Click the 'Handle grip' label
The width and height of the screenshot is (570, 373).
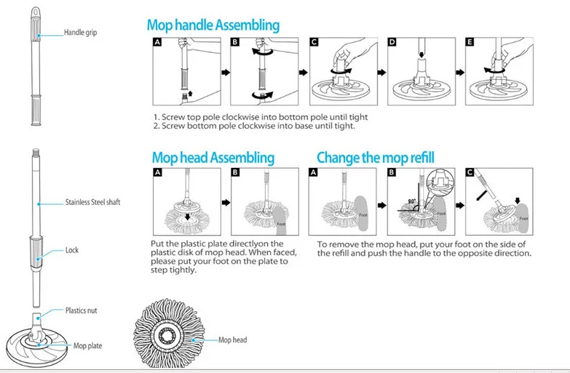[80, 33]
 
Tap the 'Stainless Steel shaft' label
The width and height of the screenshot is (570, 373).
[92, 202]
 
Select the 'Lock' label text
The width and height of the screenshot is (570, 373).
[72, 250]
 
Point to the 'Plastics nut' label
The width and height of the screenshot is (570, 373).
[82, 310]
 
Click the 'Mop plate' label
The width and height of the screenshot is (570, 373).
[87, 346]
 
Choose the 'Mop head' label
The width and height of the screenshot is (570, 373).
[233, 340]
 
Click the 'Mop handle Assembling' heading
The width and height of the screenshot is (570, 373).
[213, 25]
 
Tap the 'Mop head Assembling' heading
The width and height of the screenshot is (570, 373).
[213, 158]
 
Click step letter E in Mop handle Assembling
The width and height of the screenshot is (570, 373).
[470, 42]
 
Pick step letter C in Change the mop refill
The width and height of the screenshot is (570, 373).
[472, 174]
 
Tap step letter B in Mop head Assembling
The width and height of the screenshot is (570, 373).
[234, 174]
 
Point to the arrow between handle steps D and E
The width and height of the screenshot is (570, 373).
[459, 73]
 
